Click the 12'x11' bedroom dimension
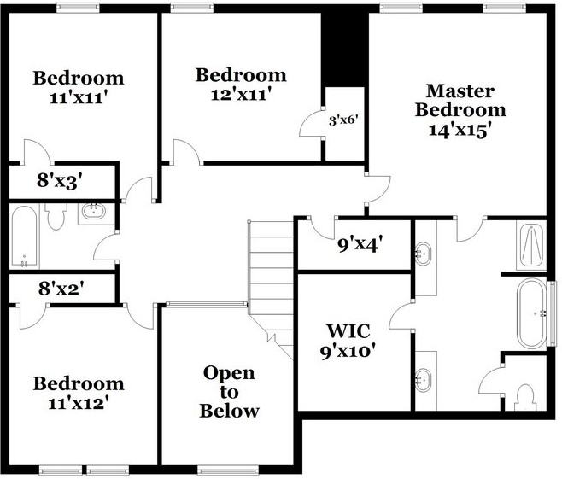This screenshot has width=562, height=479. [x=241, y=95]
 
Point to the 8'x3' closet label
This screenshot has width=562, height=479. [x=60, y=181]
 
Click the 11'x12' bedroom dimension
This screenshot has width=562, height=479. [x=79, y=402]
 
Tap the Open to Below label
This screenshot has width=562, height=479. [x=229, y=392]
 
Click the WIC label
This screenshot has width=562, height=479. [x=351, y=331]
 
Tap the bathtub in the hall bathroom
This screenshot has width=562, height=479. [x=24, y=237]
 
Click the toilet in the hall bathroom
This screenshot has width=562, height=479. [x=57, y=218]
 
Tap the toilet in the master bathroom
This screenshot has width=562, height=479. [x=525, y=395]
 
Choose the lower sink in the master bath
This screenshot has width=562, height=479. [x=424, y=377]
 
